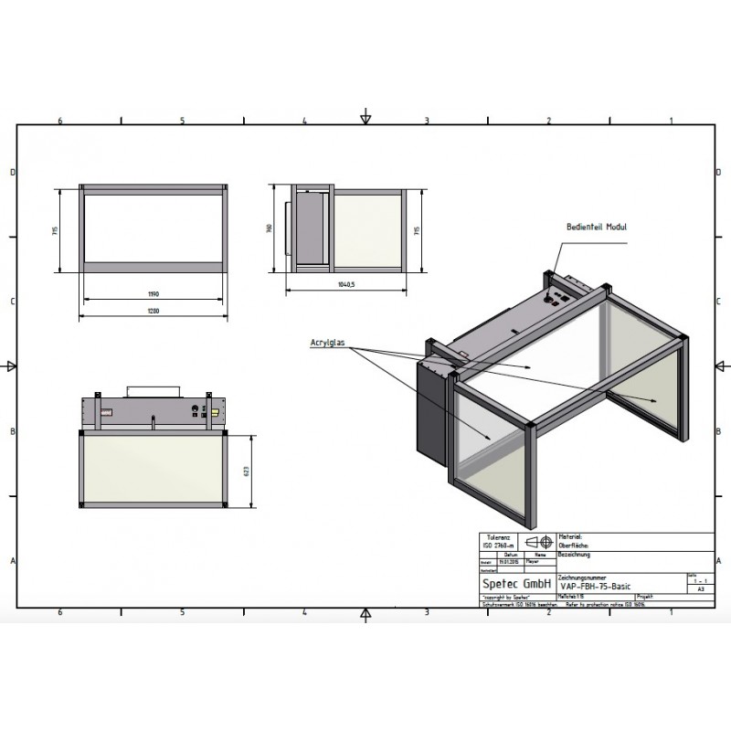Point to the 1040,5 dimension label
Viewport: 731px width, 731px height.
tap(344, 285)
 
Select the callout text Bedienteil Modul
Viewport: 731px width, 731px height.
tap(596, 227)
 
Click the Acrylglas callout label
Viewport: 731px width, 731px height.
tap(326, 343)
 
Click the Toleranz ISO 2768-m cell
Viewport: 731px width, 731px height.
tap(499, 541)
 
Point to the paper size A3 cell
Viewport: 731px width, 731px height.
tap(700, 589)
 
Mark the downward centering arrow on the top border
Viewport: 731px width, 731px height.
tap(365, 117)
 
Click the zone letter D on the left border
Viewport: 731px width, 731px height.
tap(12, 173)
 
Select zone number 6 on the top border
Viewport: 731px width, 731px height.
tap(60, 121)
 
